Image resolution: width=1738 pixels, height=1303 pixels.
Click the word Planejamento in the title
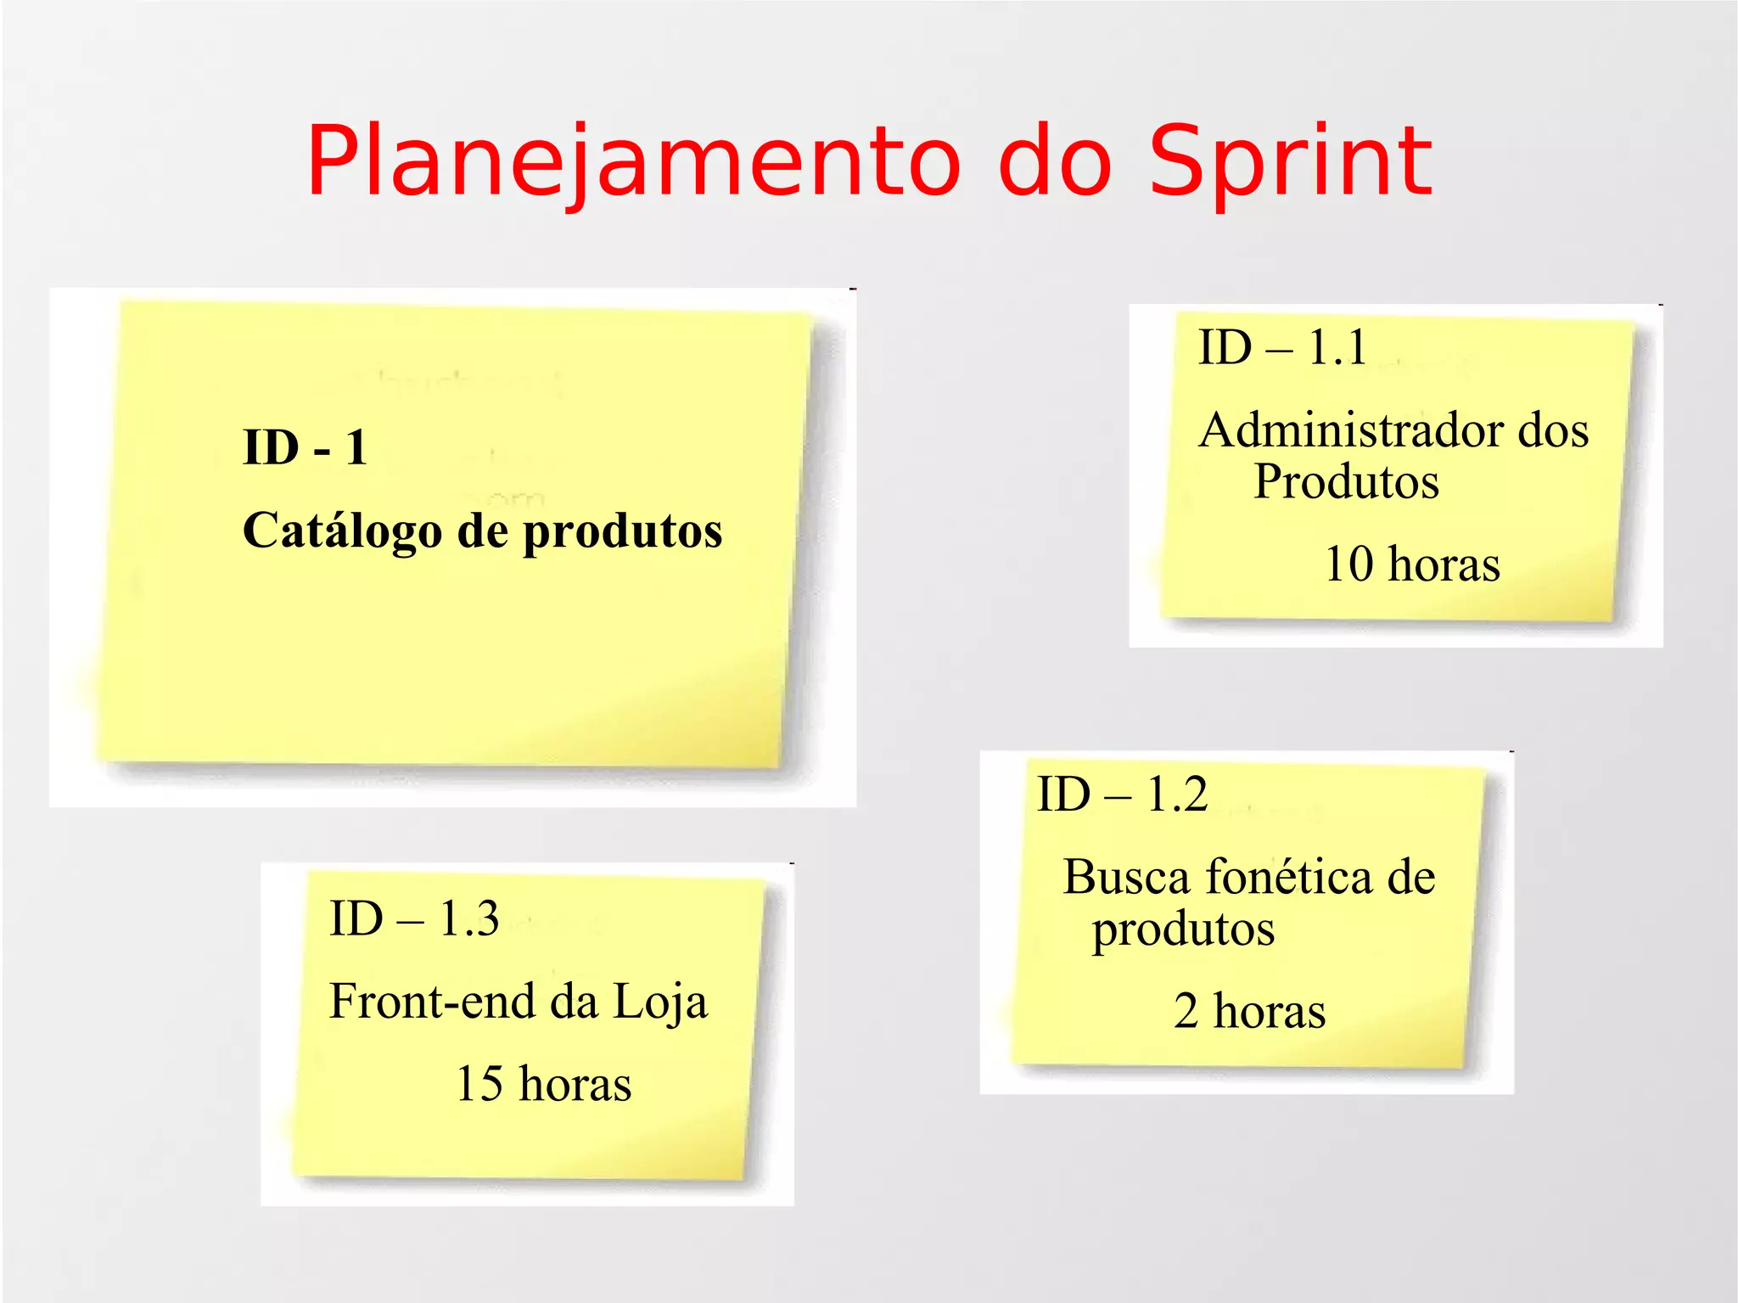[x=633, y=161]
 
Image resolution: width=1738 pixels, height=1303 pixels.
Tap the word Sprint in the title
[x=1290, y=161]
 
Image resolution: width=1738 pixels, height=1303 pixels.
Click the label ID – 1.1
[x=1282, y=347]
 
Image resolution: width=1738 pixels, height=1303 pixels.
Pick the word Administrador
[x=1351, y=430]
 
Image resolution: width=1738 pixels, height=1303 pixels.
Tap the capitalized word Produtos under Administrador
[x=1346, y=482]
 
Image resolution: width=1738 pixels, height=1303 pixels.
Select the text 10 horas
[x=1412, y=564]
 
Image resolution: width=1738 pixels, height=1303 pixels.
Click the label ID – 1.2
[x=1122, y=795]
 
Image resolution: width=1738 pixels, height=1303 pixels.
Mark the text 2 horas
[x=1249, y=1011]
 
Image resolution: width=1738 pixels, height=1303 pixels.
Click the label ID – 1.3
[x=414, y=918]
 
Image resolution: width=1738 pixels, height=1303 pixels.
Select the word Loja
[x=659, y=1003]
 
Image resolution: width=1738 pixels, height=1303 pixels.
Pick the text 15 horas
[x=544, y=1084]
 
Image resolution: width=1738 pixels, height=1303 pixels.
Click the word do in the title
[x=1054, y=161]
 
